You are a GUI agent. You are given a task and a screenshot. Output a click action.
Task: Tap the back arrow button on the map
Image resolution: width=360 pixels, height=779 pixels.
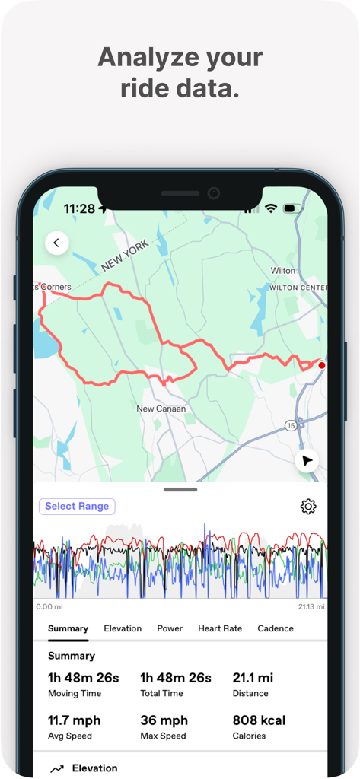click(x=57, y=243)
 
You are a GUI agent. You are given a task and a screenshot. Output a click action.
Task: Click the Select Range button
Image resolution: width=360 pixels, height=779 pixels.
click(x=77, y=507)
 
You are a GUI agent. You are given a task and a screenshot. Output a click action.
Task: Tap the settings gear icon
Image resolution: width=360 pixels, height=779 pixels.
click(x=308, y=507)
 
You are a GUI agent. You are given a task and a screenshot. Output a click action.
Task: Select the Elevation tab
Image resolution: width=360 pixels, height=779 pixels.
click(x=123, y=628)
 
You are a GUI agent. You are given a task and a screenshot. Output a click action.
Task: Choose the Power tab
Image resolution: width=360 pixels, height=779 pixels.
click(x=170, y=628)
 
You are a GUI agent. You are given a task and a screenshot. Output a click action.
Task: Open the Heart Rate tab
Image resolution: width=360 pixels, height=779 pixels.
click(x=220, y=628)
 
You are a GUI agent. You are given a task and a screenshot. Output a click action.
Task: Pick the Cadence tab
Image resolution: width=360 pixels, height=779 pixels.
click(x=276, y=628)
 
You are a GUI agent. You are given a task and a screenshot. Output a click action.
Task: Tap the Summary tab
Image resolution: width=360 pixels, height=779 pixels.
click(x=68, y=628)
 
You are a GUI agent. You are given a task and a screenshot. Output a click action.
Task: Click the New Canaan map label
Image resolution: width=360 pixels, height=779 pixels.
click(x=161, y=409)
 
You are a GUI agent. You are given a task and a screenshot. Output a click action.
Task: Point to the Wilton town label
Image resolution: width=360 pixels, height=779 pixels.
click(x=283, y=271)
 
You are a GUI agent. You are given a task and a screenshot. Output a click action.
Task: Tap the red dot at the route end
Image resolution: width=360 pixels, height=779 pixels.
click(x=322, y=366)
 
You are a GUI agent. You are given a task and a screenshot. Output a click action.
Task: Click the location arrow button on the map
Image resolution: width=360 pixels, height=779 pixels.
click(x=307, y=461)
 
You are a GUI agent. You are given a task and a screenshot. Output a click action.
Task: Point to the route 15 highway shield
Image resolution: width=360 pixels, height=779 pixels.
click(x=291, y=426)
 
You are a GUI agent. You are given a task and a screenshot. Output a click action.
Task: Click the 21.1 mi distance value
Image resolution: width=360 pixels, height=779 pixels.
click(x=253, y=678)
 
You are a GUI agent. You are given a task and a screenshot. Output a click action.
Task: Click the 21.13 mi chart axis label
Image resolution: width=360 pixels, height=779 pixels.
click(x=311, y=607)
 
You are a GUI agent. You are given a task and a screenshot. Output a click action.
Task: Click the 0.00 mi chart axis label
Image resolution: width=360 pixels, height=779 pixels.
click(x=49, y=607)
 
